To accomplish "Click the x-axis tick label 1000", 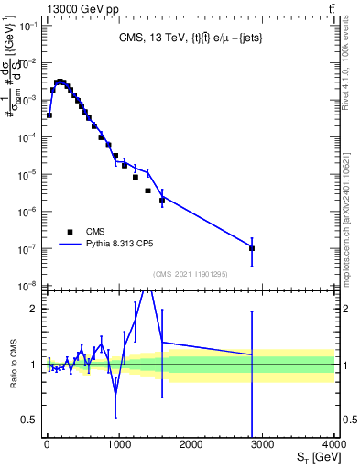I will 119,444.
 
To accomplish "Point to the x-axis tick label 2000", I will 191,444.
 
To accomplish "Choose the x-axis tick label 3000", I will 263,444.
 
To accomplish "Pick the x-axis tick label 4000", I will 333,444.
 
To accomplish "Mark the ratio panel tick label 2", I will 34,309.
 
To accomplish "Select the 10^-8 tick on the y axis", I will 29,286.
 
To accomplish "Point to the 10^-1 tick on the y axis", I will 29,26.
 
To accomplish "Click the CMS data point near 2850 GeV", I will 252,248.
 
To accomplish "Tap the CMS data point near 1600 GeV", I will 162,201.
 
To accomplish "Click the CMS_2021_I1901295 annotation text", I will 191,274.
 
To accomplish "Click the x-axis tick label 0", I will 47,444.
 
